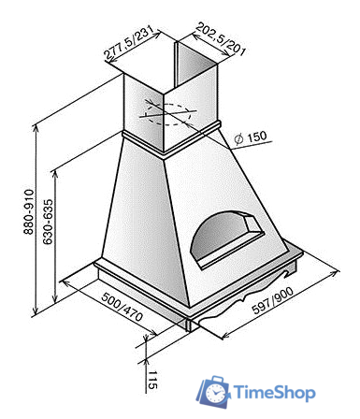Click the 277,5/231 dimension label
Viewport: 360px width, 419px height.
(x=129, y=42)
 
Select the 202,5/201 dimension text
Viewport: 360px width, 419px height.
(x=221, y=38)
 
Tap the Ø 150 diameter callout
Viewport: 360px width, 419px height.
(x=251, y=137)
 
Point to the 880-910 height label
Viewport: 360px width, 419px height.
(x=28, y=211)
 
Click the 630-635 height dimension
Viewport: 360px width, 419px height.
(x=48, y=222)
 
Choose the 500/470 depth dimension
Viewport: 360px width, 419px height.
(x=122, y=307)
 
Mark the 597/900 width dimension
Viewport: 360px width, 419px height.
(x=273, y=300)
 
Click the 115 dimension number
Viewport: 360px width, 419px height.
(x=152, y=380)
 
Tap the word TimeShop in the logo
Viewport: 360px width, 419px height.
(x=274, y=393)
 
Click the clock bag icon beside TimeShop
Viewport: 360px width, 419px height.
(x=213, y=392)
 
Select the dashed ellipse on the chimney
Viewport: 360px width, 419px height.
(x=168, y=114)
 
